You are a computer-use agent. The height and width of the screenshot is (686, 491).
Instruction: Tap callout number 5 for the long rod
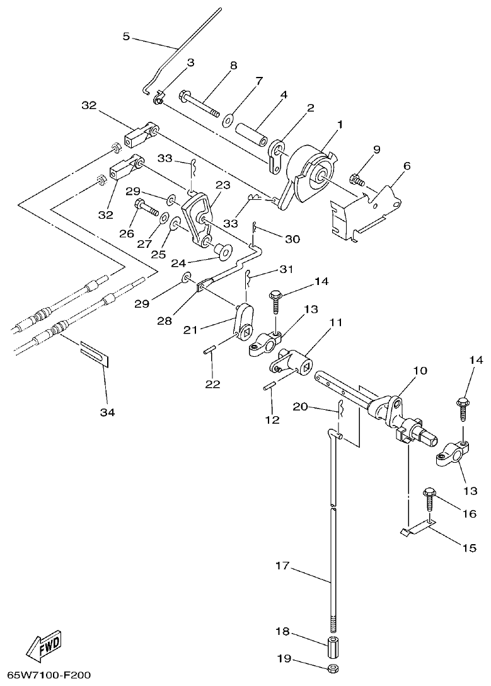coord(126,37)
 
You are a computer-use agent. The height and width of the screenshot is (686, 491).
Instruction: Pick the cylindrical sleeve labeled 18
coord(332,647)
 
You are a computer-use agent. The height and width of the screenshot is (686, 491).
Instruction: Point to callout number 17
coord(281,566)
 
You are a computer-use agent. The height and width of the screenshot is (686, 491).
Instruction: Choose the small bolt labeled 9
coord(357,180)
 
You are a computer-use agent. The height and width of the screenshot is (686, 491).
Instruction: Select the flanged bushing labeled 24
coord(222,252)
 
